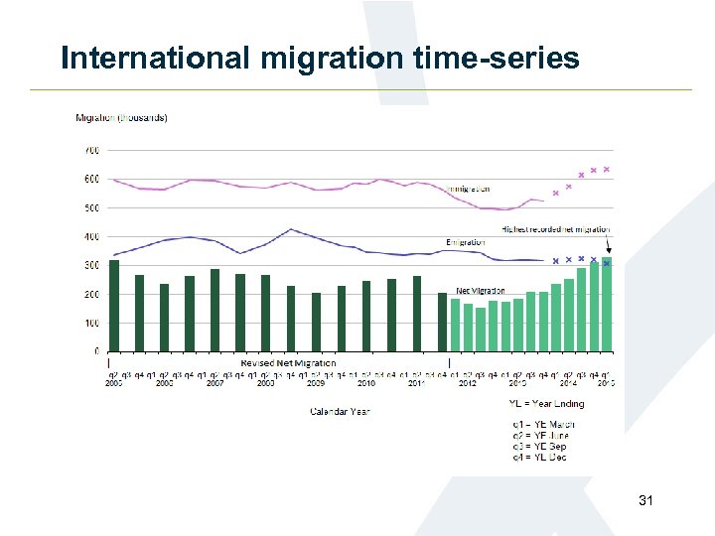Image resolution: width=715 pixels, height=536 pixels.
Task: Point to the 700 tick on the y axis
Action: pos(90,151)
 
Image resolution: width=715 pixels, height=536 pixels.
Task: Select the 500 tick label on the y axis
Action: pos(90,208)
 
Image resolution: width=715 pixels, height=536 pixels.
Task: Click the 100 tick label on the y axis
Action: pos(90,324)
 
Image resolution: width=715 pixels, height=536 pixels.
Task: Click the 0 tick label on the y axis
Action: pos(95,352)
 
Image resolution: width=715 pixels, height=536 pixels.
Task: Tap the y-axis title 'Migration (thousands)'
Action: pos(121,118)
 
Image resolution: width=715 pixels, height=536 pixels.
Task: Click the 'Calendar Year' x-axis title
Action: pos(340,411)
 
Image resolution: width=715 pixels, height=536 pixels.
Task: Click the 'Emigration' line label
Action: pos(466,242)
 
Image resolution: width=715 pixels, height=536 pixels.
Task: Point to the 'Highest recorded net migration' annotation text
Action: pos(556,229)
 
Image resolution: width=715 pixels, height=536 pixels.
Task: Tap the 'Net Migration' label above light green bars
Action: pos(480,291)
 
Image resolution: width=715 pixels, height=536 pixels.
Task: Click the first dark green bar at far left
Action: pos(114,306)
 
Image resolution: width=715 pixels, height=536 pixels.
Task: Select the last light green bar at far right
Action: pos(607,304)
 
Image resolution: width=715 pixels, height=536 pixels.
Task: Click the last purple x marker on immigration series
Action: pos(606,170)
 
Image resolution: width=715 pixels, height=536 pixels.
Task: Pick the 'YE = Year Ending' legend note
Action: pos(546,404)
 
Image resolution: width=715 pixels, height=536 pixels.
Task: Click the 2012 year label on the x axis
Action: pos(467,383)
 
